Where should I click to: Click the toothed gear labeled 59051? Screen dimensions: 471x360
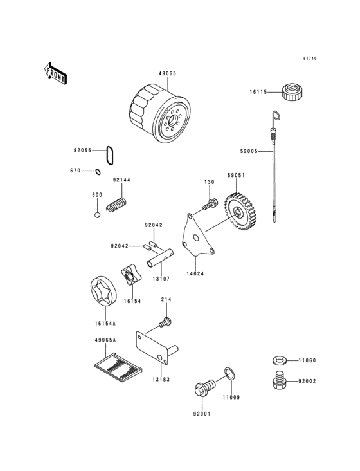pos(237,213)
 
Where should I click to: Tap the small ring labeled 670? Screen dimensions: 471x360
pos(97,171)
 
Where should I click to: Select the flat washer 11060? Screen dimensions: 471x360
pos(280,360)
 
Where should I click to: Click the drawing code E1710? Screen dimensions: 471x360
pos(310,59)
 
